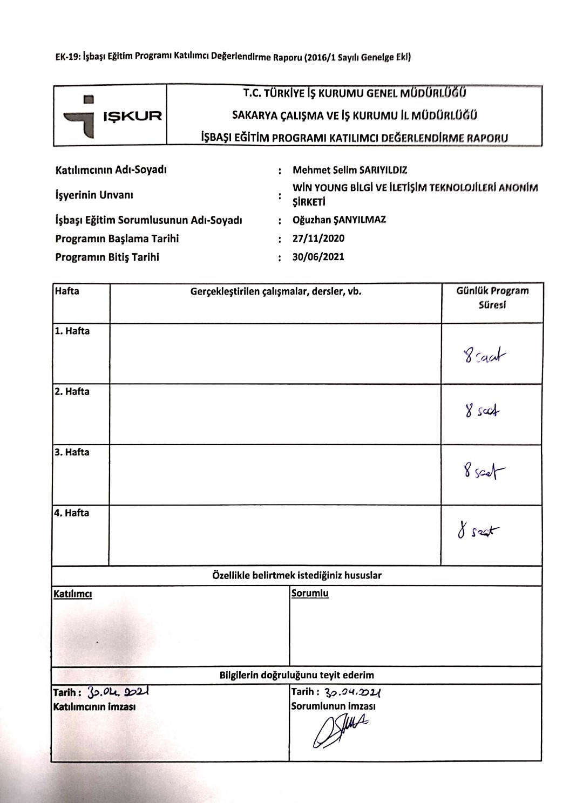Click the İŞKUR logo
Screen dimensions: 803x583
tap(111, 116)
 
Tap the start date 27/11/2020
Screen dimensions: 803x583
tap(318, 239)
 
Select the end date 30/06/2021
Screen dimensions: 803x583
tap(318, 257)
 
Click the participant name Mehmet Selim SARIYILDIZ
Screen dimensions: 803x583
tap(350, 170)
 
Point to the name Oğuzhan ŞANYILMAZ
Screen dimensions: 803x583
tap(339, 220)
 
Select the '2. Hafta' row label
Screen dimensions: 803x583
tap(72, 392)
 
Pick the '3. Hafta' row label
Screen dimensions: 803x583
tap(72, 452)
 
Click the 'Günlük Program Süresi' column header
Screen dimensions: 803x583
tap(492, 297)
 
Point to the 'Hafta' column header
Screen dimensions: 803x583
tap(67, 291)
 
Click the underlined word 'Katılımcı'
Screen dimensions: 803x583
tap(73, 594)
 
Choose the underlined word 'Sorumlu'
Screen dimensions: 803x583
tap(310, 594)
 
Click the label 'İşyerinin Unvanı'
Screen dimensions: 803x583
tap(94, 195)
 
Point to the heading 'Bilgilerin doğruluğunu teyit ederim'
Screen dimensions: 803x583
tap(296, 675)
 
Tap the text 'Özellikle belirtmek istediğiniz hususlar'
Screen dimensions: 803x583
tap(297, 575)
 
